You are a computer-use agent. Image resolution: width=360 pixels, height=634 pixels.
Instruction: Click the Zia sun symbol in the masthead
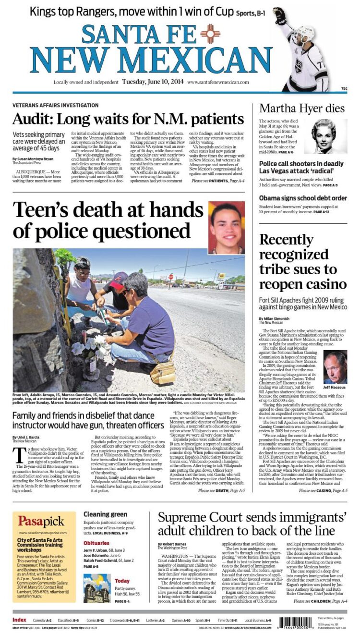point(210,34)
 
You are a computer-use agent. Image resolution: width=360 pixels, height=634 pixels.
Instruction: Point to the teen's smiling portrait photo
point(227,228)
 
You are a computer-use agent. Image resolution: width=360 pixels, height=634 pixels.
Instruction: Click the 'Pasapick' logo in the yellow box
point(41,521)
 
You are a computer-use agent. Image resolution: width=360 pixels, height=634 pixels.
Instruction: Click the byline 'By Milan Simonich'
point(275,318)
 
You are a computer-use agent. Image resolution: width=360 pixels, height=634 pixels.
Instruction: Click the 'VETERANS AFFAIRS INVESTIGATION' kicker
point(55,105)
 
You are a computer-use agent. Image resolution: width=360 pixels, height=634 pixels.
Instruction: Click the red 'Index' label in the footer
point(19,620)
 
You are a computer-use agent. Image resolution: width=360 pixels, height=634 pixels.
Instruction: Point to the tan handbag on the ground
point(162,373)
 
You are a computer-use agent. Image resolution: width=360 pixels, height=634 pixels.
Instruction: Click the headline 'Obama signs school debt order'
point(302,198)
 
